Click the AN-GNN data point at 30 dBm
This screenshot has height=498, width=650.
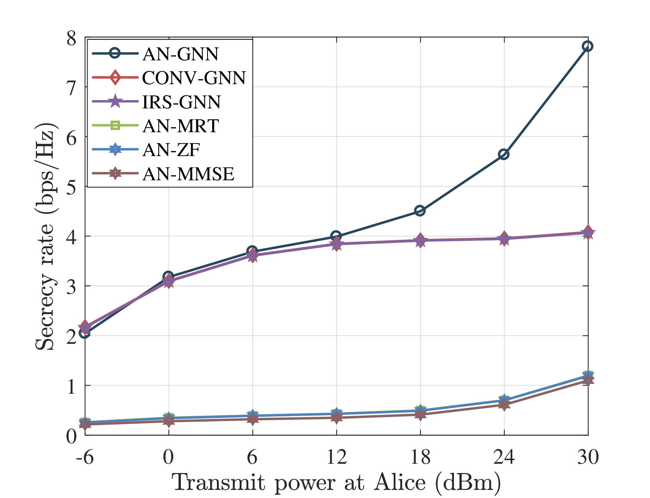tap(588, 46)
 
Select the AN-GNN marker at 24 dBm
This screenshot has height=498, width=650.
tap(504, 154)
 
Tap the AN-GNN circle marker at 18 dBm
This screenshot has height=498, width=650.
tap(420, 211)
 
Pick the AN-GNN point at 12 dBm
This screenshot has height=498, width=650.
tap(336, 236)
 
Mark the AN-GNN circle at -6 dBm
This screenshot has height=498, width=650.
tap(85, 333)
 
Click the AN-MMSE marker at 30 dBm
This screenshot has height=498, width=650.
tap(588, 381)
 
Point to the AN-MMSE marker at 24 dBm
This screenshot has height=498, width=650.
tap(504, 405)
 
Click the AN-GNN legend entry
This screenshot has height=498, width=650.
tap(180, 54)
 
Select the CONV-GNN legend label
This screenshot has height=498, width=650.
tap(194, 78)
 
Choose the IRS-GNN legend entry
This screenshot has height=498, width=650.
tap(182, 102)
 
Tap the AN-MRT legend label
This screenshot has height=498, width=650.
tap(180, 126)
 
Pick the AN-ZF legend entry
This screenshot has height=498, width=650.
tap(171, 150)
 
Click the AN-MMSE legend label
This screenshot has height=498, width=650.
tap(188, 174)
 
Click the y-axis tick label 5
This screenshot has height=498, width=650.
tap(71, 187)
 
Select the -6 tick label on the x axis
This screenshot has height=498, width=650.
tap(85, 457)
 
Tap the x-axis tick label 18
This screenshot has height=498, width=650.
tap(420, 457)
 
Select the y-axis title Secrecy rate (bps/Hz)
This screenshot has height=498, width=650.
tap(46, 236)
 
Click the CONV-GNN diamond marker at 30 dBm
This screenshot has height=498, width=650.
tap(588, 231)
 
